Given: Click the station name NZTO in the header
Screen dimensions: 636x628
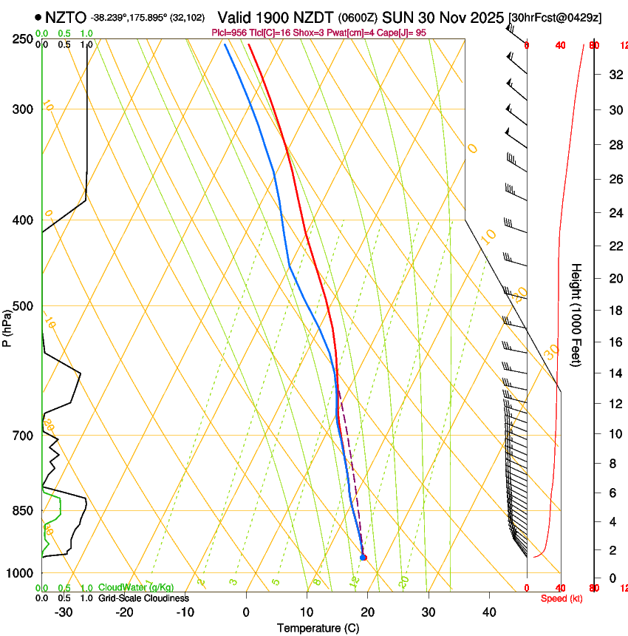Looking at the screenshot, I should coord(66,17).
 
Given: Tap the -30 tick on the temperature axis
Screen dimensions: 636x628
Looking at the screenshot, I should coord(64,612).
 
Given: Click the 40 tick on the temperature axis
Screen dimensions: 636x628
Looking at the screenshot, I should coord(489,612).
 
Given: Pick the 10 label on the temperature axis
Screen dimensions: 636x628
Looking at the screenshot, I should coord(307,612).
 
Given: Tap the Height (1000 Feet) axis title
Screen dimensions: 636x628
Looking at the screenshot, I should coord(577,314).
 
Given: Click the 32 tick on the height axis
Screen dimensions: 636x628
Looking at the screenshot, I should coord(614,74).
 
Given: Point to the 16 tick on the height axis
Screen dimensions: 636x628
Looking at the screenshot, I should coord(614,342).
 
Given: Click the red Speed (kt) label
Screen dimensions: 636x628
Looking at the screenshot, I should coord(562,598).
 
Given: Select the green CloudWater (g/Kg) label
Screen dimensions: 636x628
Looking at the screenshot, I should coord(136,587).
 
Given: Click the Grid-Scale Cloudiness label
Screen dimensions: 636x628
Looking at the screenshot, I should coord(143,598).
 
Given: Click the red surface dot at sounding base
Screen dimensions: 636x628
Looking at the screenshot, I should coord(363,558).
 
